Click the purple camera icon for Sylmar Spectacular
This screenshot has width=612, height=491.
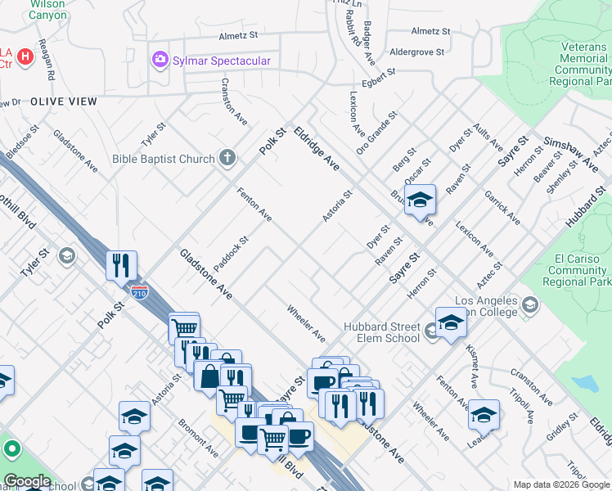click(x=160, y=60)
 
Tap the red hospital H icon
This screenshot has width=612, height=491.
click(x=25, y=56)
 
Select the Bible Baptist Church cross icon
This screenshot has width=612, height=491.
click(x=227, y=158)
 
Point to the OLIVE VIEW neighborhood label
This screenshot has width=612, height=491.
click(x=64, y=102)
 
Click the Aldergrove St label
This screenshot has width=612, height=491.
click(x=416, y=52)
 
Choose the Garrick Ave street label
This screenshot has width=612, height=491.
click(x=501, y=208)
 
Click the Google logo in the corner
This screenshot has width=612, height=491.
click(x=28, y=481)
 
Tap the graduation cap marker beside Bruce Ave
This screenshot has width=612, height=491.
click(x=420, y=199)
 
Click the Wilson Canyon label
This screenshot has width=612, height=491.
click(x=47, y=9)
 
